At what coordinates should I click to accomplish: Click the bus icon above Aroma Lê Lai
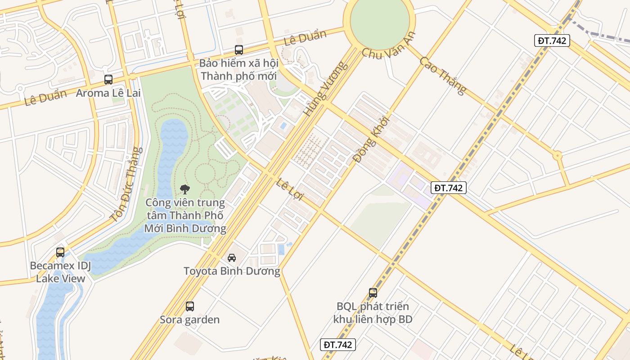pos(108,80)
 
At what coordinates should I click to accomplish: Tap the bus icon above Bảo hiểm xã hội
pos(239,50)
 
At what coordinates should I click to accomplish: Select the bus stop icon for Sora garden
pos(190,306)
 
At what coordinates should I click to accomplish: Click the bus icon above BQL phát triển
pos(373,293)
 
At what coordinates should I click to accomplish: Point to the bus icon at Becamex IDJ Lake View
pos(60,252)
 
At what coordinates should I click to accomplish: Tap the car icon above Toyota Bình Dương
pos(232,257)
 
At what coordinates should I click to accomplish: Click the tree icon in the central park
pos(184,189)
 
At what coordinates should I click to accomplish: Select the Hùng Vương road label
pos(326,89)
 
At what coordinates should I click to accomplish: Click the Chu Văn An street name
pos(388,46)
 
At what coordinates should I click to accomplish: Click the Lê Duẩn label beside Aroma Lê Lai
pos(45,97)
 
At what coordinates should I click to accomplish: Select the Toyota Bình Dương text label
pos(232,271)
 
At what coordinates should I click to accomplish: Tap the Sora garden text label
pos(190,320)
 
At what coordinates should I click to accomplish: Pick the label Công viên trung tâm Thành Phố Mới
pos(185,216)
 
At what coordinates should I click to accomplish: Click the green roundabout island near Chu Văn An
pos(379,20)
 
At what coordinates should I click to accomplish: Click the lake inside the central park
pos(171,148)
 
